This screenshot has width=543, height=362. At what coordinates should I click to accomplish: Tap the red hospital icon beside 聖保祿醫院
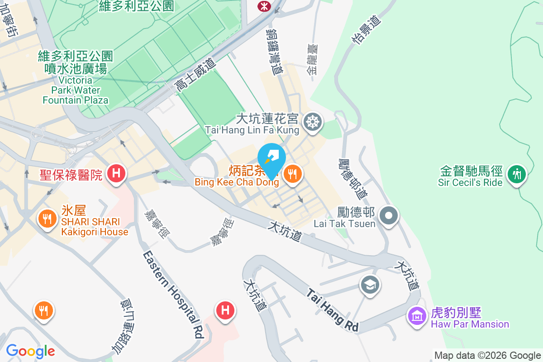[116, 173]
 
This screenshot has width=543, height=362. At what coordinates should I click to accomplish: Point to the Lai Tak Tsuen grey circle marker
[388, 215]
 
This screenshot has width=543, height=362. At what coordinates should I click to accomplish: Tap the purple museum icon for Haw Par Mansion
[417, 315]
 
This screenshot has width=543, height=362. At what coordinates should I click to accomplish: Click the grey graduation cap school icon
[370, 285]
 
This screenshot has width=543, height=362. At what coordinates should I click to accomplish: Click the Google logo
[30, 351]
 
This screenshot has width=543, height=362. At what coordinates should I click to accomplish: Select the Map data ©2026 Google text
[487, 355]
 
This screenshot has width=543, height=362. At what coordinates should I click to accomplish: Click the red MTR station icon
[262, 5]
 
